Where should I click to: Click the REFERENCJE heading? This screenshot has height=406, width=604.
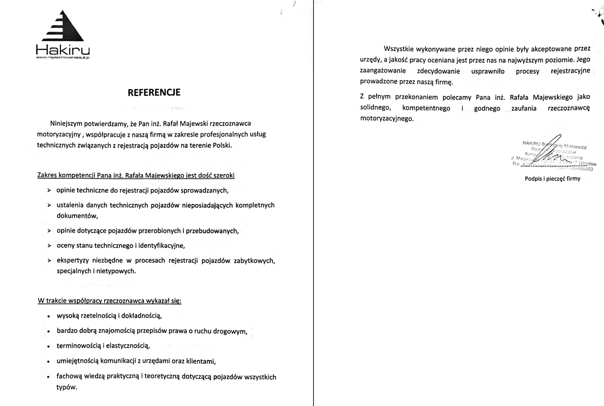point(154,92)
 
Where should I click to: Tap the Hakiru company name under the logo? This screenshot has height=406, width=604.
point(63,50)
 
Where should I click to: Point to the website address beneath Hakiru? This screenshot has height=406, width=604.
point(63,58)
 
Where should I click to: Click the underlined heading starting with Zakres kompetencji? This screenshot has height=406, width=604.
point(136,175)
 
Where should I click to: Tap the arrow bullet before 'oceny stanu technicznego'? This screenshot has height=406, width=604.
point(49,246)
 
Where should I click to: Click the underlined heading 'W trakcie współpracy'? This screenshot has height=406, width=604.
point(109,301)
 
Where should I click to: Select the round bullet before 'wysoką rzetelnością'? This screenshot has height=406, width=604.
point(48,317)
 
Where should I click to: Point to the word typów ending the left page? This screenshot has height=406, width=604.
point(66,387)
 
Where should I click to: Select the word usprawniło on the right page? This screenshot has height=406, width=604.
point(488,71)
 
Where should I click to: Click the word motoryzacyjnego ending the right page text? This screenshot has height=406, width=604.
point(386,119)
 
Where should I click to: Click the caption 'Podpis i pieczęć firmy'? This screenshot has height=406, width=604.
point(552,179)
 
